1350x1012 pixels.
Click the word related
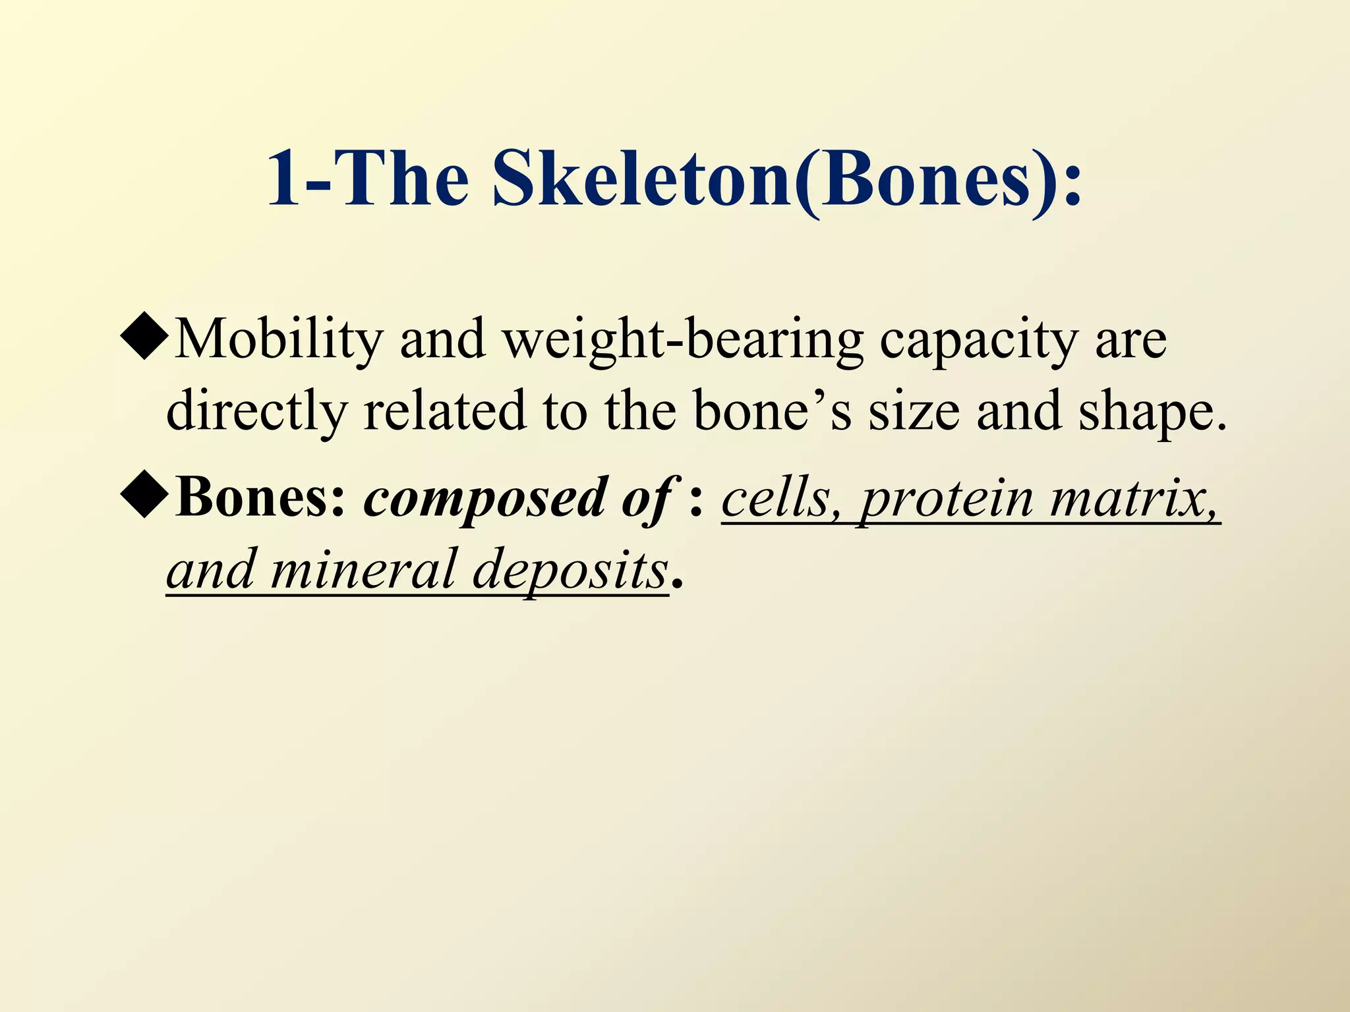[x=446, y=410]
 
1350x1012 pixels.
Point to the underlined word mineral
[x=363, y=569]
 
